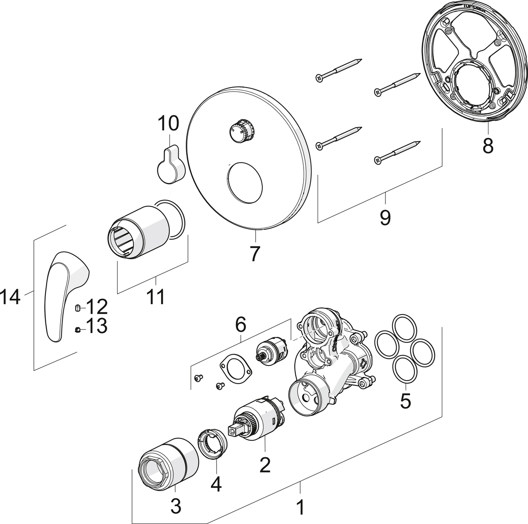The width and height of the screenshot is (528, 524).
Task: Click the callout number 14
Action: coord(11,297)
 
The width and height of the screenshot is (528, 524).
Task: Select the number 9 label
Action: coord(385,217)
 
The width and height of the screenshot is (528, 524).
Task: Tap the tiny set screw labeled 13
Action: coord(77,330)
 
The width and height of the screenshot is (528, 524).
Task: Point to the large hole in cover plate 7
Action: coord(245,183)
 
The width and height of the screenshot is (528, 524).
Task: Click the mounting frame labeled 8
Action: coord(471,66)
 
